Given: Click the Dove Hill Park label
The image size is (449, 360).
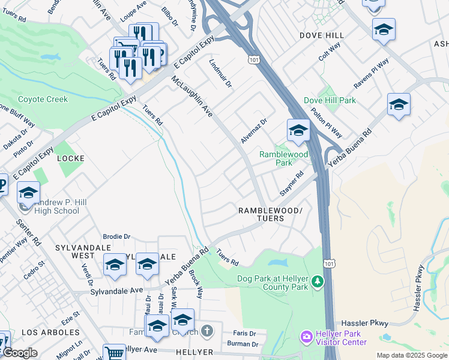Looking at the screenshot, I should point(330,101).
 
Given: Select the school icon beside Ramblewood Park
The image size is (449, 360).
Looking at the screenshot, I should point(298,130).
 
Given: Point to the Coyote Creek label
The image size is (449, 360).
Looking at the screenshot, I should point(43,99).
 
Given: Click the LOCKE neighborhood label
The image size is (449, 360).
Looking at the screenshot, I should point(70,158).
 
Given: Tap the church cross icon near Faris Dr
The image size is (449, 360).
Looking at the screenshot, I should point(206,331).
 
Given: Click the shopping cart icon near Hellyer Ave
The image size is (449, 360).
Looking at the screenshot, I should point(113,353).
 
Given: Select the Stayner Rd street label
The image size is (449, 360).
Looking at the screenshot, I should point(291,184).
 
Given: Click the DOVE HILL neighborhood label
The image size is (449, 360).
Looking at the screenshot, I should point(322,35).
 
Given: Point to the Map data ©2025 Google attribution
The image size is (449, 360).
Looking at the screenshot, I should point(411,355).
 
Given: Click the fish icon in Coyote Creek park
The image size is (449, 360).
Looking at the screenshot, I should point(53,57).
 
